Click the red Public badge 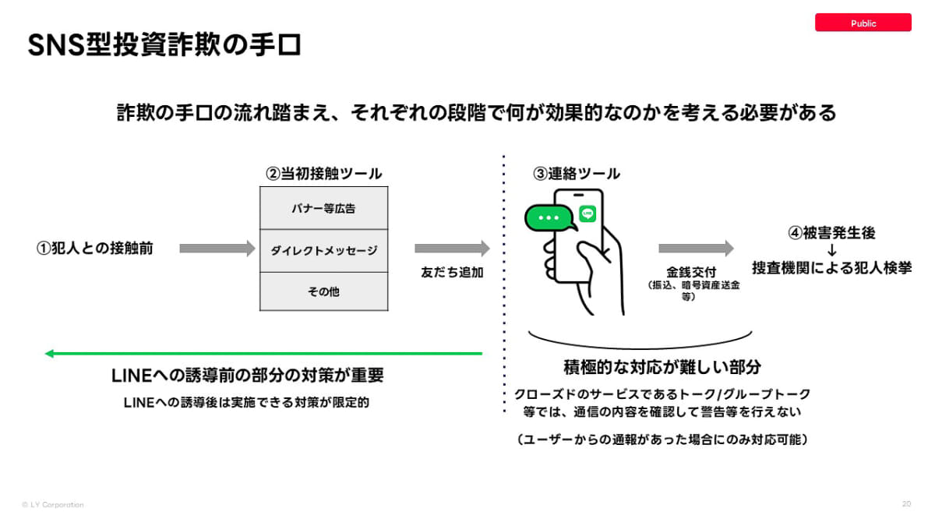pos(863,23)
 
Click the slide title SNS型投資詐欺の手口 pos(164,44)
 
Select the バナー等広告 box pos(323,208)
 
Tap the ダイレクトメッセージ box pos(323,250)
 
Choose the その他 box pos(323,291)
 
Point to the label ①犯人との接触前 pos(95,248)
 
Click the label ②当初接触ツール pos(324,173)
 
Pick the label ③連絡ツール pos(577,173)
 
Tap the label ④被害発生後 pos(831,232)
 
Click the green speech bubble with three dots pos(549,217)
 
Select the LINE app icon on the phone pos(587,214)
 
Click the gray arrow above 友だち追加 pos(452,249)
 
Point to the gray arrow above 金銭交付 pos(696,249)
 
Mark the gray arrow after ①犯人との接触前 pos(217,249)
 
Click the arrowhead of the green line pos(49,354)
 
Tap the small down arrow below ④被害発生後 pos(831,250)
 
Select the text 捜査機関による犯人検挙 pos(831,267)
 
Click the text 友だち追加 pos(452,272)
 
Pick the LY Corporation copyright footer pos(53,505)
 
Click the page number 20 pos(906,504)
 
